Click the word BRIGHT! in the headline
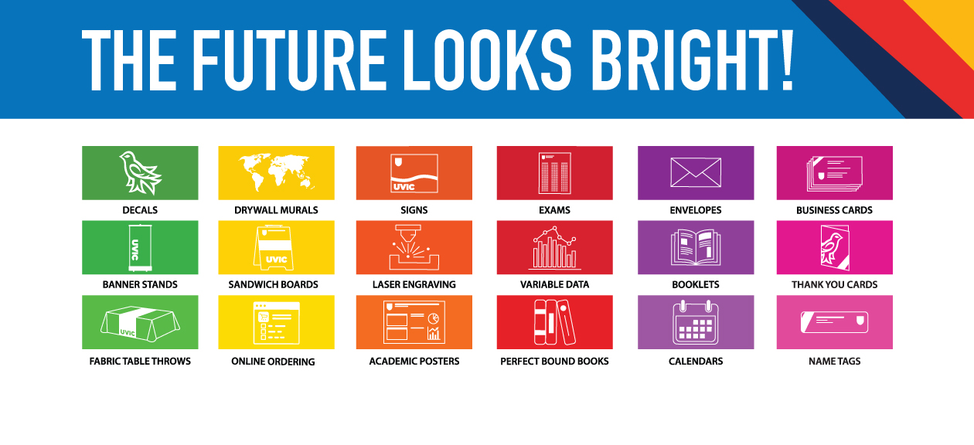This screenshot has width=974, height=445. (693, 60)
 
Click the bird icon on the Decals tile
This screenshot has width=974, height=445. (140, 173)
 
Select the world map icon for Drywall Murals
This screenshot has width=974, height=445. (276, 172)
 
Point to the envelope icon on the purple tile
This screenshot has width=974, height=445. (696, 172)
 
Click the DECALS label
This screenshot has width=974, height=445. (140, 210)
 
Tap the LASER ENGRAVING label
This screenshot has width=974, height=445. (414, 284)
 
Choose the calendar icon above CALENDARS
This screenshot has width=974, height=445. (696, 322)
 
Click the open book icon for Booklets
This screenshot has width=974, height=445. (696, 248)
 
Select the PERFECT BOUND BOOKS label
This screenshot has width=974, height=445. (554, 362)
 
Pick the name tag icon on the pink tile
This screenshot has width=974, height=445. (834, 322)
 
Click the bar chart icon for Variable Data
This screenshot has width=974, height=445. (554, 248)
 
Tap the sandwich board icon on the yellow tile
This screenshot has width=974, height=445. (274, 248)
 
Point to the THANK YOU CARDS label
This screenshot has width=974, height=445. (834, 284)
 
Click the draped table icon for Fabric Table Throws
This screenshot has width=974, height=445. (140, 324)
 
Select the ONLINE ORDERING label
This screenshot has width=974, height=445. (273, 362)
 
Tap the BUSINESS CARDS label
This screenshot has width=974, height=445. (834, 210)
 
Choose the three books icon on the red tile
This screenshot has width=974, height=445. (554, 322)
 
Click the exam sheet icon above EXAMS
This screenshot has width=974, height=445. (554, 173)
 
